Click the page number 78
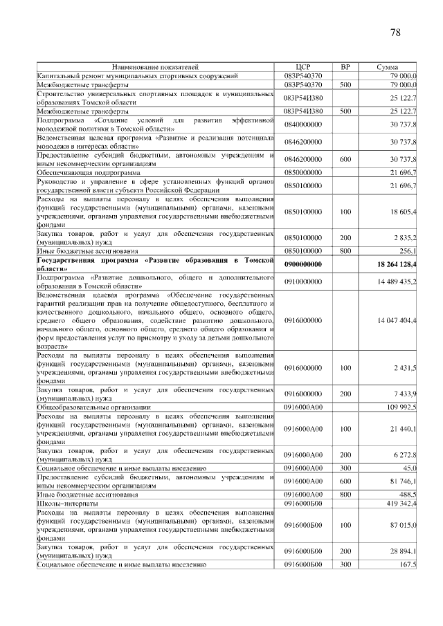pyautogui.click(x=396, y=32)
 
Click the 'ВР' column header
pyautogui.click(x=345, y=66)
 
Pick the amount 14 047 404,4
pyautogui.click(x=397, y=321)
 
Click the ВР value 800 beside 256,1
pyautogui.click(x=345, y=250)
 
